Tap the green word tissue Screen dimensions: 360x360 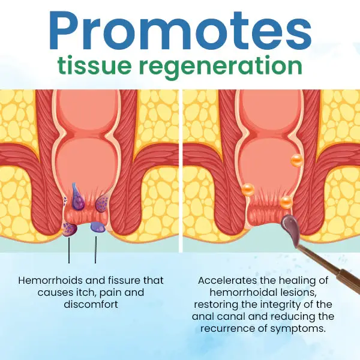click(x=94, y=65)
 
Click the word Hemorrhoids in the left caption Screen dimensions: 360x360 click(x=50, y=280)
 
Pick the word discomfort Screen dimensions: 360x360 click(x=91, y=304)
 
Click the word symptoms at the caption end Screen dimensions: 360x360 click(x=298, y=329)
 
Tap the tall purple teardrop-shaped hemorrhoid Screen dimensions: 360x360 click(x=77, y=196)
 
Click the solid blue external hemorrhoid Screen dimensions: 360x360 click(x=98, y=227)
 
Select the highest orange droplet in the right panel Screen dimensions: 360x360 click(x=297, y=160)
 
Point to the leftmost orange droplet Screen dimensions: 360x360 click(x=248, y=190)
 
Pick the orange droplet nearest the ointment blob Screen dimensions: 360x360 click(x=287, y=202)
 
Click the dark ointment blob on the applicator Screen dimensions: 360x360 click(x=291, y=228)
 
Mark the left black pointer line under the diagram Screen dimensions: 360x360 click(x=69, y=250)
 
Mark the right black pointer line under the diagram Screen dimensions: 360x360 click(x=95, y=250)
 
